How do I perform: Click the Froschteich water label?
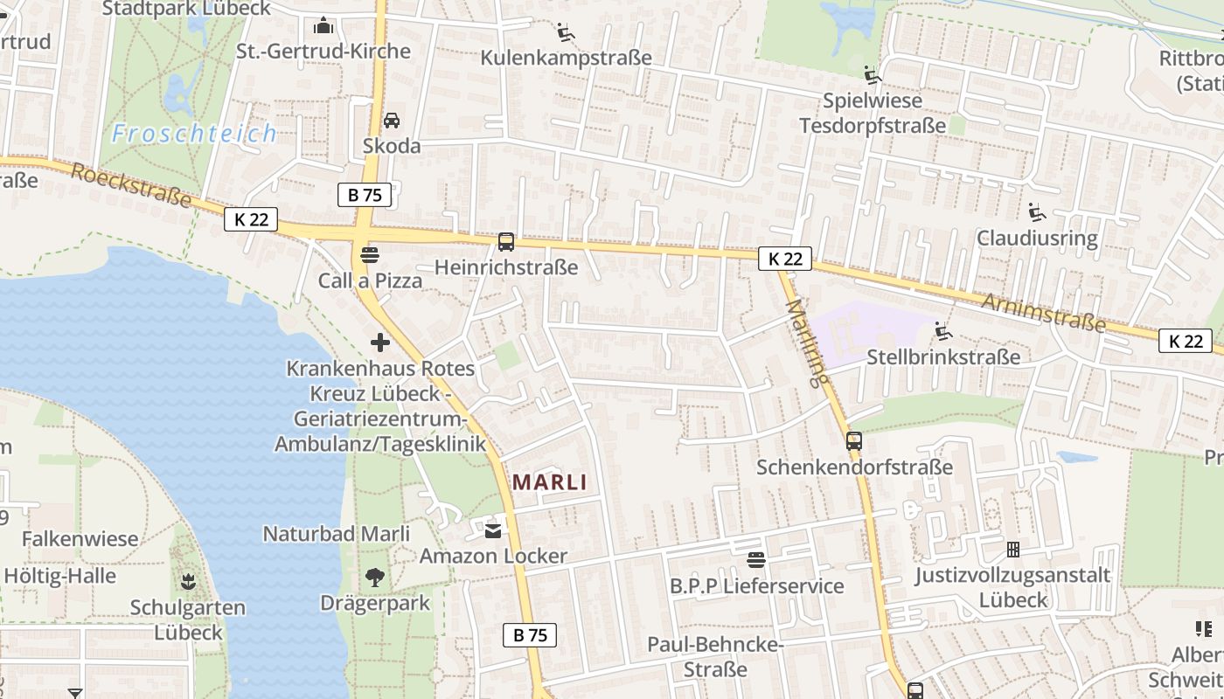pyautogui.click(x=194, y=134)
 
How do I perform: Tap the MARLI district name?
pyautogui.click(x=549, y=481)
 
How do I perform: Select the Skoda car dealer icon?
pyautogui.click(x=392, y=120)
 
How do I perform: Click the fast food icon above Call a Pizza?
pyautogui.click(x=370, y=255)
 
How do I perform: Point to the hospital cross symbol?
pyautogui.click(x=380, y=343)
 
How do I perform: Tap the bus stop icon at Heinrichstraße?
pyautogui.click(x=505, y=242)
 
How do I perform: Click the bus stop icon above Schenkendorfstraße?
pyautogui.click(x=854, y=441)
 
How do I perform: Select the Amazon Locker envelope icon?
pyautogui.click(x=493, y=530)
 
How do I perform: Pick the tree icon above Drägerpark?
pyautogui.click(x=375, y=578)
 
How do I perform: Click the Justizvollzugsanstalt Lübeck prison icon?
pyautogui.click(x=1012, y=550)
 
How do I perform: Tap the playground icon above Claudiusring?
pyautogui.click(x=1037, y=212)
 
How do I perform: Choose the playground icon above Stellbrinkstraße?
pyautogui.click(x=942, y=331)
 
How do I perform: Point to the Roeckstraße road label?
pyautogui.click(x=131, y=184)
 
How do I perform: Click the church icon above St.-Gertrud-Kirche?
pyautogui.click(x=323, y=25)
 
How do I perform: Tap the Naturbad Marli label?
pyautogui.click(x=337, y=533)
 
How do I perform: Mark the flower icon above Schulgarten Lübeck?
pyautogui.click(x=187, y=581)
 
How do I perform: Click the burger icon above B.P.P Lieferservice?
pyautogui.click(x=756, y=559)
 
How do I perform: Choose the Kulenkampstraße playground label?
pyautogui.click(x=567, y=58)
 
